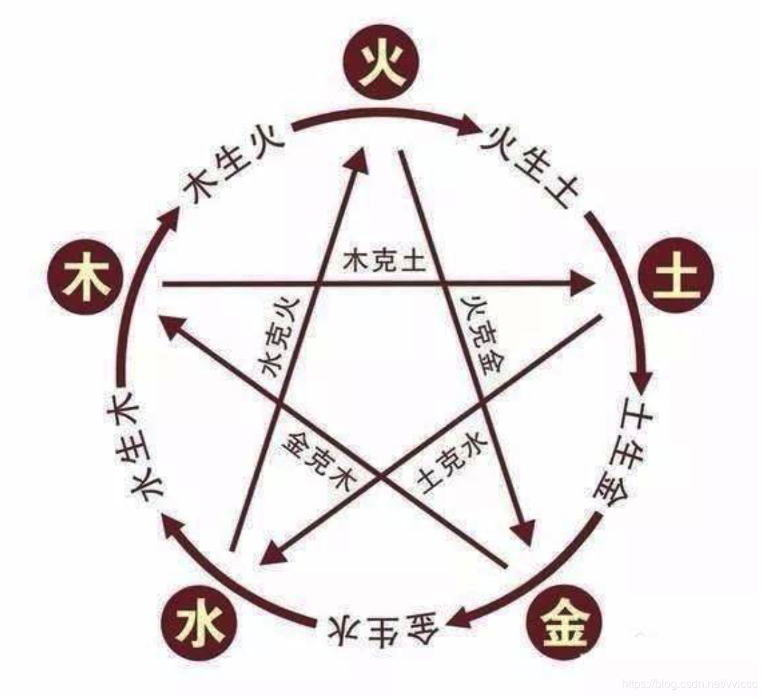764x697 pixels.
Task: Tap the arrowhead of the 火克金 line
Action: (523, 532)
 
